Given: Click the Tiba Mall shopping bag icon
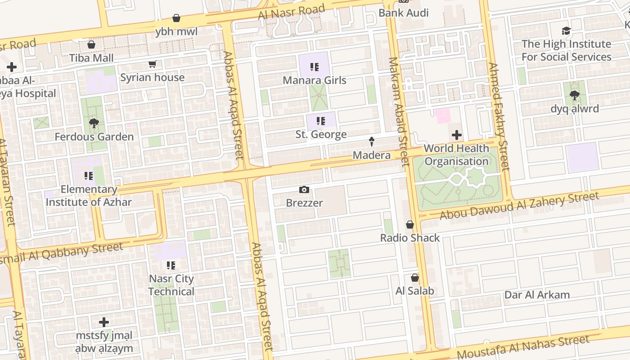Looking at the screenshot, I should pos(91,45).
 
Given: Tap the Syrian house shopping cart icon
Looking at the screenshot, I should pos(152,64).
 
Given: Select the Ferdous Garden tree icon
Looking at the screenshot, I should pos(94,123).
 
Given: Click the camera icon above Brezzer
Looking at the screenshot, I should pos(304,190).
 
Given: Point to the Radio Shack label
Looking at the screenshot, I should pos(409,238).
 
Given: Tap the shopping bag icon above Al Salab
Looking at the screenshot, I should pos(414,278).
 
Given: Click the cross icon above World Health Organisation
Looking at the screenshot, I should pos(456,135).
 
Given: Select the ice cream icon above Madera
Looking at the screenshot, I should pos(372,142).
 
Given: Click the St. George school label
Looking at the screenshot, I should pos(321,134).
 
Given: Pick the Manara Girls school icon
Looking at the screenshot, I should pos(314,67).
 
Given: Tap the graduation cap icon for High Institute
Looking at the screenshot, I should pos(566,31).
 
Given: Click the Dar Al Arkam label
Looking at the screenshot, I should pos(537,295).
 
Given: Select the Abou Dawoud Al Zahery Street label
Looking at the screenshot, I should pos(519,205).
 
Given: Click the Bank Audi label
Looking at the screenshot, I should pos(403,13).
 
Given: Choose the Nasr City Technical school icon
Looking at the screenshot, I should pos(171,265).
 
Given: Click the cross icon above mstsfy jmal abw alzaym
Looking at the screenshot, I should pos(104,322).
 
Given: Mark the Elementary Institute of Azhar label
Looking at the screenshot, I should pos(89,195).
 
